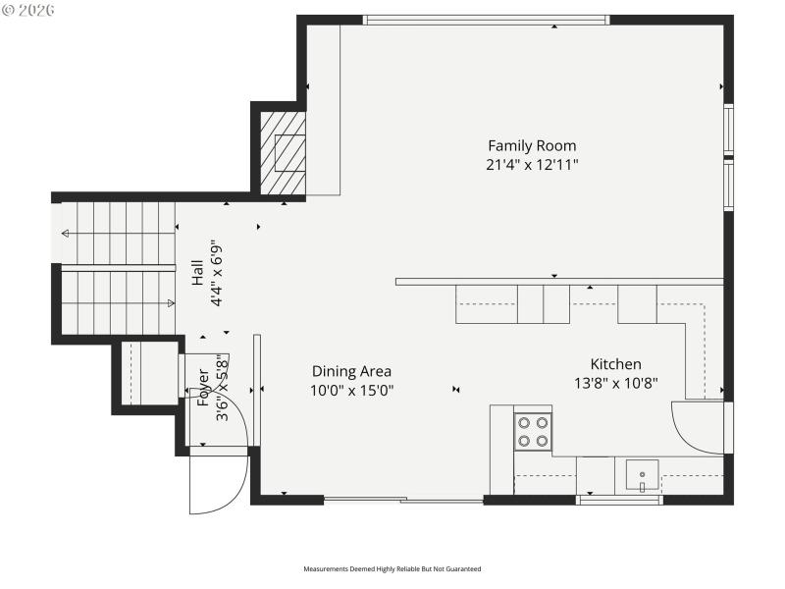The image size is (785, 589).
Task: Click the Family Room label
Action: coord(532,146)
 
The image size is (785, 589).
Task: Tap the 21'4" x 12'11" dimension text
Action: coord(532,165)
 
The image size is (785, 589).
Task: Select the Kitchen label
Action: coord(615,364)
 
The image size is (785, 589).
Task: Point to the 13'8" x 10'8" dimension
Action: coord(615,383)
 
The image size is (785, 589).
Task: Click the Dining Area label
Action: coord(351,371)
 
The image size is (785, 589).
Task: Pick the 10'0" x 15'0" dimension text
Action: coord(351,390)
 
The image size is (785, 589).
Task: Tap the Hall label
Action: coord(197,272)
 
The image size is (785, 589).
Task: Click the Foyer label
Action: coord(204,388)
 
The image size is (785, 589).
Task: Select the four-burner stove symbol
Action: coord(533,432)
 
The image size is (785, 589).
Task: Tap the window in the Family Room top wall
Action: coord(486,20)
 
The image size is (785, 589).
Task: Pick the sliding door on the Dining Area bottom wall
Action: coord(403,500)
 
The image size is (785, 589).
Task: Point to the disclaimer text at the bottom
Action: coord(392,568)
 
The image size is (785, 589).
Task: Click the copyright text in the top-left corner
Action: coord(28,9)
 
